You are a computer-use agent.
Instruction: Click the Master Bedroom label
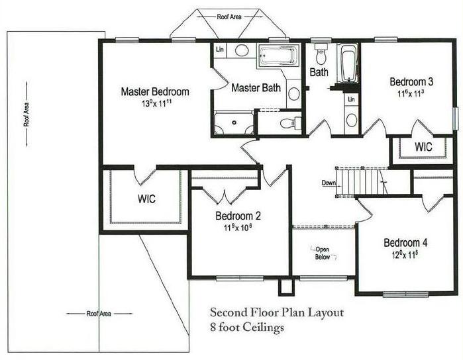pos(155,91)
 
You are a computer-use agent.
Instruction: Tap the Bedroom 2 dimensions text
pos(238,228)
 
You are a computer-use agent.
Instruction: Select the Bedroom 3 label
pos(411,82)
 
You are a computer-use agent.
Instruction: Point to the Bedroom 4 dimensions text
pos(405,255)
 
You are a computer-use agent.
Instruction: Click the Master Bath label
pos(256,87)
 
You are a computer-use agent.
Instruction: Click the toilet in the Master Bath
pos(291,123)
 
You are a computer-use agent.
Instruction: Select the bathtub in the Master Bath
pos(277,54)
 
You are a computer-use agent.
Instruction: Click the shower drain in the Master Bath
pos(234,122)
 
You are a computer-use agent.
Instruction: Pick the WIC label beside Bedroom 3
pos(423,147)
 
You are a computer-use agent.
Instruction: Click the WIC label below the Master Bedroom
pos(146,199)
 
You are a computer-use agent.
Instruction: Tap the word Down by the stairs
pos(329,183)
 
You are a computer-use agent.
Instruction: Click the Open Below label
pos(323,253)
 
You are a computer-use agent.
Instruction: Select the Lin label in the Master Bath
pos(220,49)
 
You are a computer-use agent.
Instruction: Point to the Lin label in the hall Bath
pos(351,99)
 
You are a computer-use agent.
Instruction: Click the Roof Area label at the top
pos(229,17)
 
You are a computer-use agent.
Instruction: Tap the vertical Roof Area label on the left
pos(26,114)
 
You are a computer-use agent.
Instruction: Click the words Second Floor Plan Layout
pos(277,312)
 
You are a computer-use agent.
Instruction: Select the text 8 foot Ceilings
pos(247,328)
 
